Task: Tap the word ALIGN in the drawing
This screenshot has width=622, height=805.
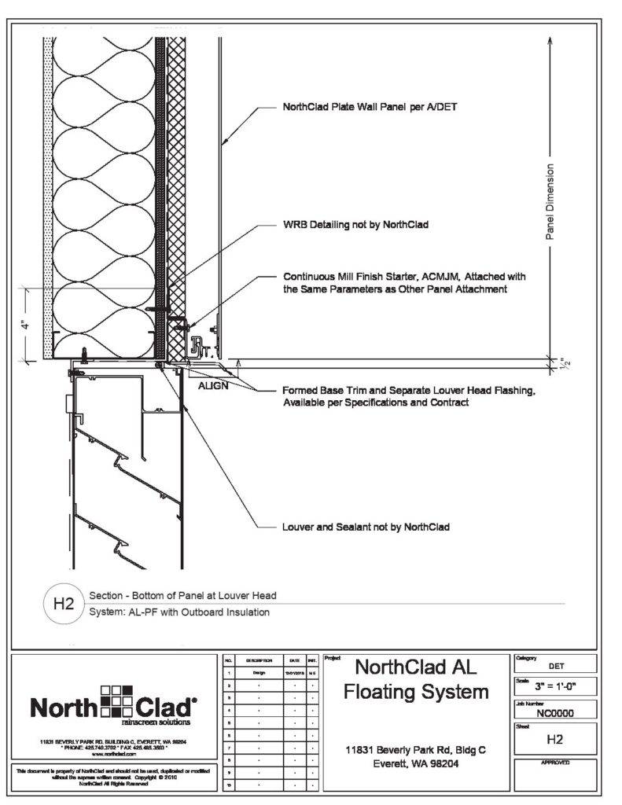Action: pyautogui.click(x=214, y=387)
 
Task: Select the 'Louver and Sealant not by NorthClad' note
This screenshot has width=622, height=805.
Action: pyautogui.click(x=366, y=527)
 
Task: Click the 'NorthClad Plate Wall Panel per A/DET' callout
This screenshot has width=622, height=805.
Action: pyautogui.click(x=365, y=108)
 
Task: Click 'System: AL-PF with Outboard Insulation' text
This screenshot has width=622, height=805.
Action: pyautogui.click(x=180, y=612)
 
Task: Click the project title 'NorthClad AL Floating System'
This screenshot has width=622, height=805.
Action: pyautogui.click(x=415, y=679)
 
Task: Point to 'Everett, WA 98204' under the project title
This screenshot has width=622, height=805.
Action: pyautogui.click(x=414, y=763)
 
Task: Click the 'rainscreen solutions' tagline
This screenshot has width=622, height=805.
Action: pyautogui.click(x=154, y=719)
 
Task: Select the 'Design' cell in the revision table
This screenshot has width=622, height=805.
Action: pyautogui.click(x=259, y=673)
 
